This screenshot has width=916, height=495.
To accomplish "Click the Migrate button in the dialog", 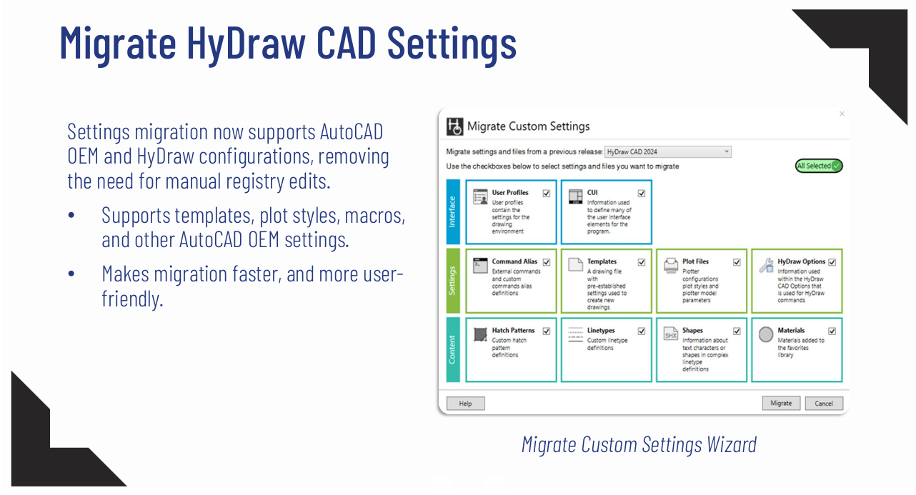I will pos(781,403).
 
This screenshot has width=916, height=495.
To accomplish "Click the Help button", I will pos(465,404).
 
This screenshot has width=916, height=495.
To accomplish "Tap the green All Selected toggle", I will pos(819,166).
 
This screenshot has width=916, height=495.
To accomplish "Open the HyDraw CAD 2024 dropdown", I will pos(667,151).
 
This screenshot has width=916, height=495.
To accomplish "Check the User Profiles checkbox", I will pos(547,193).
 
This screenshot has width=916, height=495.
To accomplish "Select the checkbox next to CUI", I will pos(642,193).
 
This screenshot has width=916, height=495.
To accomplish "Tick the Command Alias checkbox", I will pos(547,262).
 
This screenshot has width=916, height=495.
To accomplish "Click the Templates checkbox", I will pos(642,262).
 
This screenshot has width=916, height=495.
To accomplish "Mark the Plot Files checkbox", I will pos(737,262).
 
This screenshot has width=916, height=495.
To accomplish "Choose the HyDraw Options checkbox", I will pos(832,262).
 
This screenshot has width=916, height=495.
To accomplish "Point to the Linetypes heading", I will pos(601,331).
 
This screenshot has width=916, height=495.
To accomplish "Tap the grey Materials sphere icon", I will pos(766,334).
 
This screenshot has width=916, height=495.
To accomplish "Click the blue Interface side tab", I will pos(452,212).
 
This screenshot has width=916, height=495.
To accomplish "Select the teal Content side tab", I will pos(452,350).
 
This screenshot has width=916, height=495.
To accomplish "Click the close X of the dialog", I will pos(842,114).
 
